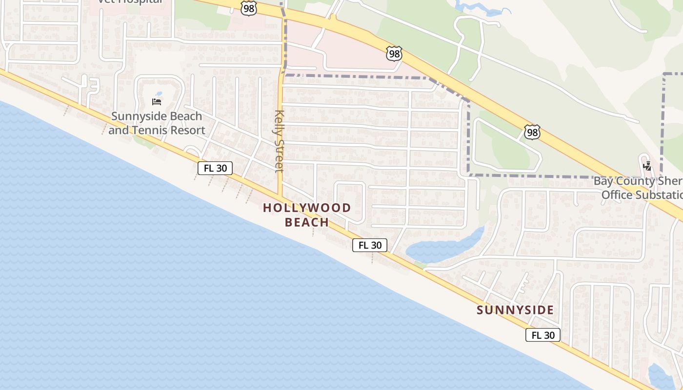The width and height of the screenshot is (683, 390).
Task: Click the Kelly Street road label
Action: click(279, 141)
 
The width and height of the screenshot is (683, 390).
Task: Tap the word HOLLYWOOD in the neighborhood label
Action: click(307, 208)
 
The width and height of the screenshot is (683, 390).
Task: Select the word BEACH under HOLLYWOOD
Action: click(307, 223)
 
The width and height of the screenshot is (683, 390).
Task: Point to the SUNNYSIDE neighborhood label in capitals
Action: click(515, 310)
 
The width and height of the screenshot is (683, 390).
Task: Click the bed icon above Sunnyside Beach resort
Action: click(157, 101)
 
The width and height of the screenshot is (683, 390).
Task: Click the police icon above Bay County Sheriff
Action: click(647, 166)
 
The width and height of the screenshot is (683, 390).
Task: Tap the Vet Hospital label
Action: click(130, 1)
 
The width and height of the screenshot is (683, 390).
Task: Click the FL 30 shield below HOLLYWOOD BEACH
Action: click(370, 245)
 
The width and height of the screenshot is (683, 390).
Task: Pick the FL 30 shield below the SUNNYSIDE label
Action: click(542, 335)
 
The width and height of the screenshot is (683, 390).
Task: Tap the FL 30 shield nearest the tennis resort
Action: click(215, 168)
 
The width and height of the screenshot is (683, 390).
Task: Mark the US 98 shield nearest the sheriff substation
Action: click(532, 132)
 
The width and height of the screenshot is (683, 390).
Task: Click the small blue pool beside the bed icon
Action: click(158, 94)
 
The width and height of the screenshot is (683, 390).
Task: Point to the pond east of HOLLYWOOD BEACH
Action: click(442, 248)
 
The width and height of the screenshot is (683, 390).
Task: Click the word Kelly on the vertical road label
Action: click(279, 123)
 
